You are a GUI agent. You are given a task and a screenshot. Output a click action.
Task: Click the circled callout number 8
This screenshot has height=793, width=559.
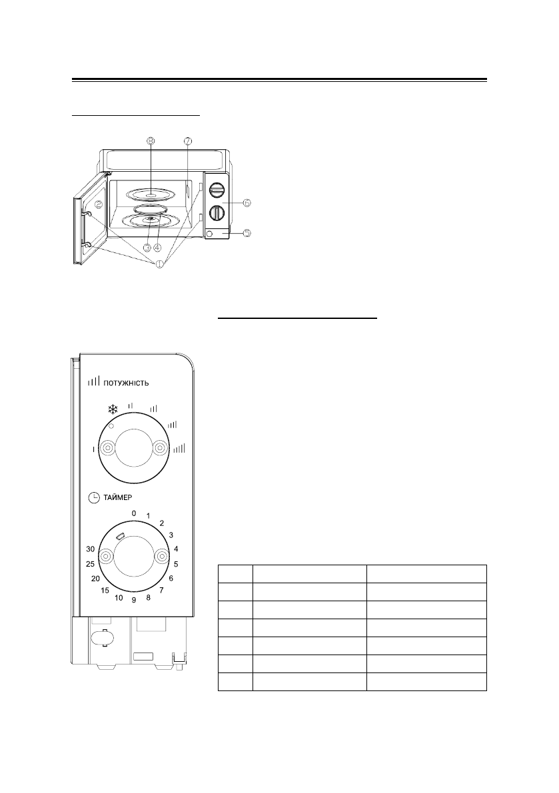(152, 140)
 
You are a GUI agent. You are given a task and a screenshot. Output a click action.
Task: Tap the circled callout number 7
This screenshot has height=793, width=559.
(189, 140)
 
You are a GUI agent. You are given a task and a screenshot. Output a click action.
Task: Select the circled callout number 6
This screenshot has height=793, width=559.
(247, 202)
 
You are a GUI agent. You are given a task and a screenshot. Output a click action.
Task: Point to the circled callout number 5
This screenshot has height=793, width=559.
(247, 233)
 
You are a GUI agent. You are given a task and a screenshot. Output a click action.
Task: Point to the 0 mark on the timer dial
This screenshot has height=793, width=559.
(134, 513)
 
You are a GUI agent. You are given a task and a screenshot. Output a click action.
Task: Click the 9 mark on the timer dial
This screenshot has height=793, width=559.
(134, 600)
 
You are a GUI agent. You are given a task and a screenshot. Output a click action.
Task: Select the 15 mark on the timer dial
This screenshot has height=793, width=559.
(105, 591)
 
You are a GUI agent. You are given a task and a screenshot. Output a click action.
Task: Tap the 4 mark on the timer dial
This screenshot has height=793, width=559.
(175, 549)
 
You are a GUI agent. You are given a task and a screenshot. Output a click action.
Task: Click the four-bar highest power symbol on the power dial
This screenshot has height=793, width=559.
(179, 449)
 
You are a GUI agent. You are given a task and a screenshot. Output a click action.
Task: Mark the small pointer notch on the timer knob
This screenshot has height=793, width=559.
(120, 535)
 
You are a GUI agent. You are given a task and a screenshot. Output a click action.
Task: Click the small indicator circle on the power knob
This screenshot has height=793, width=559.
(112, 425)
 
